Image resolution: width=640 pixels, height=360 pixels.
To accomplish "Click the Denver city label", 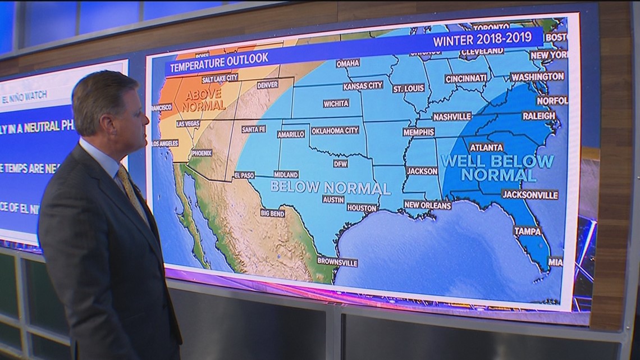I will coord(267,85).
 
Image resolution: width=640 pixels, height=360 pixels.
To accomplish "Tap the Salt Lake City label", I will coord(220,78).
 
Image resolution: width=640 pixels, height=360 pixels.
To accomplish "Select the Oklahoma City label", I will coord(335,130).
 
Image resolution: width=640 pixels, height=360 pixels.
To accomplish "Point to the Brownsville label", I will coord(337,262).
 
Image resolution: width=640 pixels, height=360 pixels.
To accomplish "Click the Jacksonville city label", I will coord(530,195).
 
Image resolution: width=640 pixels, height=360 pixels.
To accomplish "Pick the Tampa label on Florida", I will coord(528,231).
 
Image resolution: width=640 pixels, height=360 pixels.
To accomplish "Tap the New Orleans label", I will coord(427,206).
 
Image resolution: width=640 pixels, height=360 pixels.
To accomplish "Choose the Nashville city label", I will coord(452,117).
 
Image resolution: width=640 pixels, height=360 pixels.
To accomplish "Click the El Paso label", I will coord(244,175).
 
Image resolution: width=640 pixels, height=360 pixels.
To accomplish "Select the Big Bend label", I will coord(272,213).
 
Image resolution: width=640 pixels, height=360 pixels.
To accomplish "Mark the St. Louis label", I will coord(408,89).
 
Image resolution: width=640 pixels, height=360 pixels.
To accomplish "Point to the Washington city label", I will coord(537,76).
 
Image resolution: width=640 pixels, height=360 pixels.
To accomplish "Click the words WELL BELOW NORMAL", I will coord(497,168).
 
